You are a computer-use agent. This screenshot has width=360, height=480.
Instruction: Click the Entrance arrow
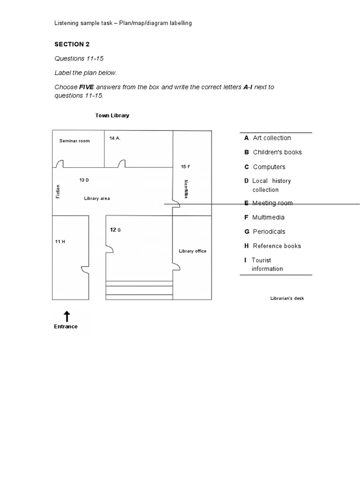click(67, 316)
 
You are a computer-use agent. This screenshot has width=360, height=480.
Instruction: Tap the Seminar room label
click(75, 141)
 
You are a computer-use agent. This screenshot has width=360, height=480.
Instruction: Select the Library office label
click(192, 251)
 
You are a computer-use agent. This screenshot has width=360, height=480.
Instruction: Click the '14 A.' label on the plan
click(115, 138)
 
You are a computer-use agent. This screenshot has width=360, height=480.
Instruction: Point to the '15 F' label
click(186, 166)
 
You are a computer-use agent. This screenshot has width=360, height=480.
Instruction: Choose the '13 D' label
click(84, 180)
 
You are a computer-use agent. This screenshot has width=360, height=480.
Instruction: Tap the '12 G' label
click(115, 230)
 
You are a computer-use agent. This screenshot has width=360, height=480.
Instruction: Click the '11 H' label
click(60, 241)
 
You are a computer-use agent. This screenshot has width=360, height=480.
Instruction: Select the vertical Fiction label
click(58, 191)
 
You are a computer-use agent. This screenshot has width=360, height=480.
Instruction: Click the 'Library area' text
click(97, 198)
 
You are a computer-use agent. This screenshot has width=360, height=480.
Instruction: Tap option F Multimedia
click(264, 217)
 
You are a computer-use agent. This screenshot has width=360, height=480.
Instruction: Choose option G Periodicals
click(264, 232)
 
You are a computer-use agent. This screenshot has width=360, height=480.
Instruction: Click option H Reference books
click(272, 246)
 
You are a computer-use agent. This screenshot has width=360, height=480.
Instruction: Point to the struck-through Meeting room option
click(268, 203)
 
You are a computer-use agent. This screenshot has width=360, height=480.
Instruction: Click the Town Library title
click(112, 115)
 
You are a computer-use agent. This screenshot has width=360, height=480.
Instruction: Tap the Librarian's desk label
click(287, 298)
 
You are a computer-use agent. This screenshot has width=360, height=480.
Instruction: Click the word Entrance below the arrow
click(66, 327)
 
